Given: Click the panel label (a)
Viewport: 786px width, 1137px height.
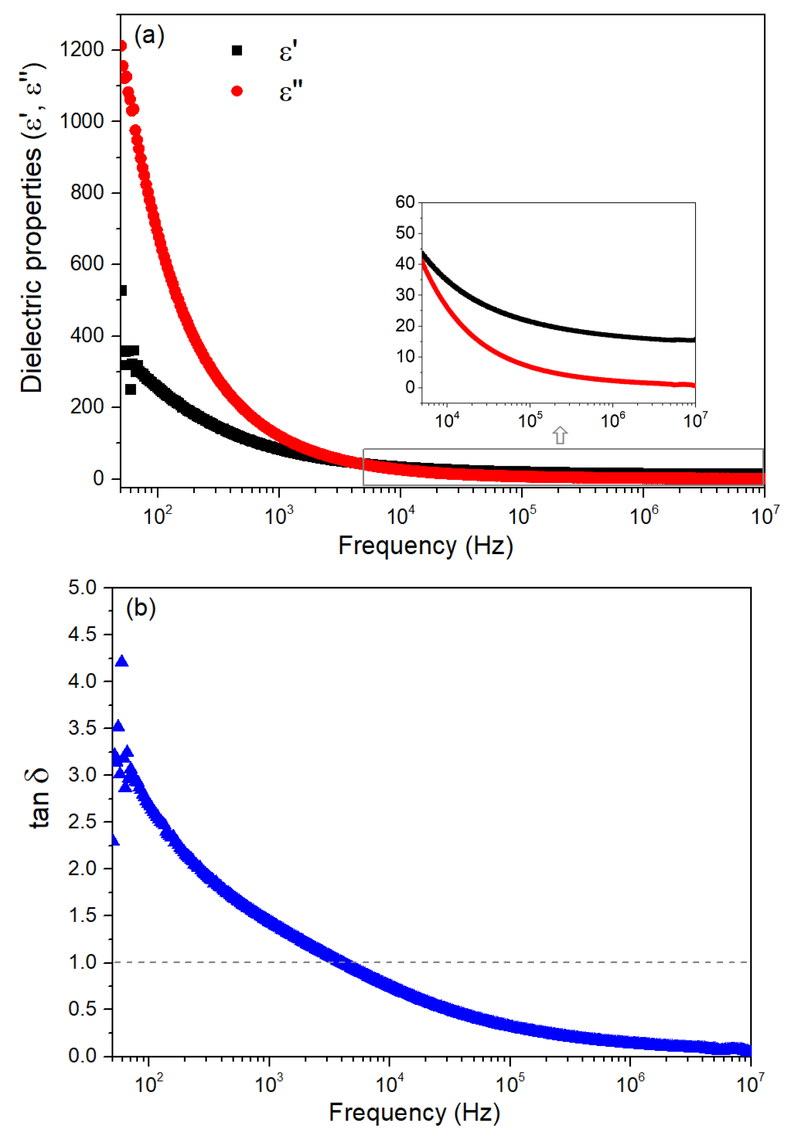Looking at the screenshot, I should pyautogui.click(x=149, y=36).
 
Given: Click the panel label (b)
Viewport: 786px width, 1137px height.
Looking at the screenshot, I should pyautogui.click(x=141, y=609).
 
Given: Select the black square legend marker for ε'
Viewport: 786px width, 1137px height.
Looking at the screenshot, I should pyautogui.click(x=237, y=50).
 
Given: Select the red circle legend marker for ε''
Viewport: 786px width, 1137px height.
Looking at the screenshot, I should pyautogui.click(x=237, y=91).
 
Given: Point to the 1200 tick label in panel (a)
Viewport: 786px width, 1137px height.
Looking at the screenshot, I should pyautogui.click(x=82, y=50).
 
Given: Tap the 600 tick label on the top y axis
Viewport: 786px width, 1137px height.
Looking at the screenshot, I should pyautogui.click(x=87, y=264).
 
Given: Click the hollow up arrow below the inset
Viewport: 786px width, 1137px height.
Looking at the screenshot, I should pyautogui.click(x=560, y=435).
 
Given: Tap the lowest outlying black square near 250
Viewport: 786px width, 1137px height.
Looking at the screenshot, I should pyautogui.click(x=131, y=389).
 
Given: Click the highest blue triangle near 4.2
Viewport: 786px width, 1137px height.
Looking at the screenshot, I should pyautogui.click(x=122, y=662).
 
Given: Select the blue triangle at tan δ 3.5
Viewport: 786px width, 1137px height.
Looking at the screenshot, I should pyautogui.click(x=118, y=726).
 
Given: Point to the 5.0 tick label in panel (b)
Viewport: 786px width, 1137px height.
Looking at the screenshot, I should pyautogui.click(x=82, y=588).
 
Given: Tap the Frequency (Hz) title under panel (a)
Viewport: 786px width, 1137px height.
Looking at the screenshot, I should pyautogui.click(x=425, y=546).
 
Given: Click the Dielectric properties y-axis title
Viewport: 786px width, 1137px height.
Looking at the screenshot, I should pyautogui.click(x=32, y=227).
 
